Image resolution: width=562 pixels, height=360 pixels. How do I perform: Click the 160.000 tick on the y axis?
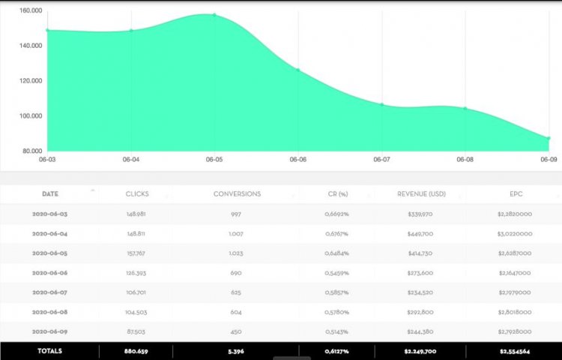click(x=31, y=10)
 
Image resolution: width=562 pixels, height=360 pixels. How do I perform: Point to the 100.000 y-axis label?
click(x=31, y=116)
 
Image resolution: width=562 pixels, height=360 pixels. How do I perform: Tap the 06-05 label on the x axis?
click(x=214, y=160)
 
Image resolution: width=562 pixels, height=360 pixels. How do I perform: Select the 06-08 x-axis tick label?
click(x=465, y=160)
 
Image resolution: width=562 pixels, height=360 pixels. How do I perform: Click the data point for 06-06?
click(x=297, y=70)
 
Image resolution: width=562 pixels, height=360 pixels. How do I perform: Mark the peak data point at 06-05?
click(x=214, y=15)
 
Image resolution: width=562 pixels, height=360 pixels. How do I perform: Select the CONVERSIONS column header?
click(x=237, y=193)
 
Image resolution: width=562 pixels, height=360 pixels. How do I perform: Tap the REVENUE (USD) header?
click(x=421, y=193)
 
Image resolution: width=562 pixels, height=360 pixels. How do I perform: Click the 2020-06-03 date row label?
click(x=49, y=214)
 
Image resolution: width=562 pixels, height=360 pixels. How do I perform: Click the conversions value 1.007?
click(x=237, y=233)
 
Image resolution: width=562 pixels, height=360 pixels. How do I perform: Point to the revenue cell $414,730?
click(x=421, y=253)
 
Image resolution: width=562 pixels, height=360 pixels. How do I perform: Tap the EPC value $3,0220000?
click(x=513, y=233)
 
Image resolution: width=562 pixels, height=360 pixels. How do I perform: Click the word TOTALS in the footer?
click(x=49, y=350)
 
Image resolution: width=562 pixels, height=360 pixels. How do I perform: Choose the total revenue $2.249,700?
click(x=421, y=350)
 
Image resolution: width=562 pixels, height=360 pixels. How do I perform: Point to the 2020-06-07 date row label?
click(x=49, y=292)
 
